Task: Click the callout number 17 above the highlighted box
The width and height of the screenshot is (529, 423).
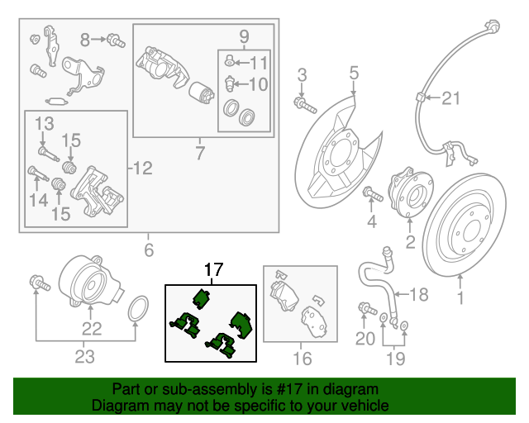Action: (x=213, y=269)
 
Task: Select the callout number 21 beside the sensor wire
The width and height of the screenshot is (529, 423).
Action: (x=449, y=99)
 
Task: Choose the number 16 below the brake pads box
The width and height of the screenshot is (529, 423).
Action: (x=303, y=358)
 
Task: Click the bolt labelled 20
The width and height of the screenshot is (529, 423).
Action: (x=365, y=309)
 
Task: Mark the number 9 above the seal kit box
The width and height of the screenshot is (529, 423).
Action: (x=244, y=36)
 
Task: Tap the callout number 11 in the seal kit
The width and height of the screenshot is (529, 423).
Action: (x=259, y=62)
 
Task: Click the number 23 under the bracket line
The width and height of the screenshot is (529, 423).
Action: (x=84, y=356)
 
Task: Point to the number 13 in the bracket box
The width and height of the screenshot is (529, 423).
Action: (x=43, y=123)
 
